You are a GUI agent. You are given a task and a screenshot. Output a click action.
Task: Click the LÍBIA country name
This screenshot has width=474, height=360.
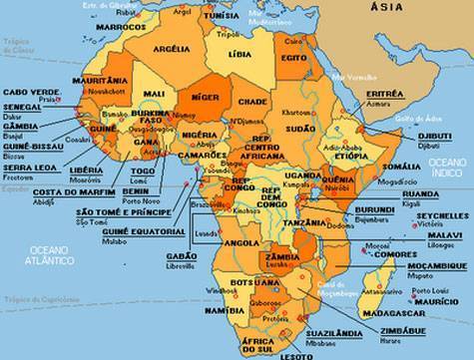tap(239, 53)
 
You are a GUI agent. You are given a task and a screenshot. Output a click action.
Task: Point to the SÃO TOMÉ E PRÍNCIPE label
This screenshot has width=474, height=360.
tap(125, 212)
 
